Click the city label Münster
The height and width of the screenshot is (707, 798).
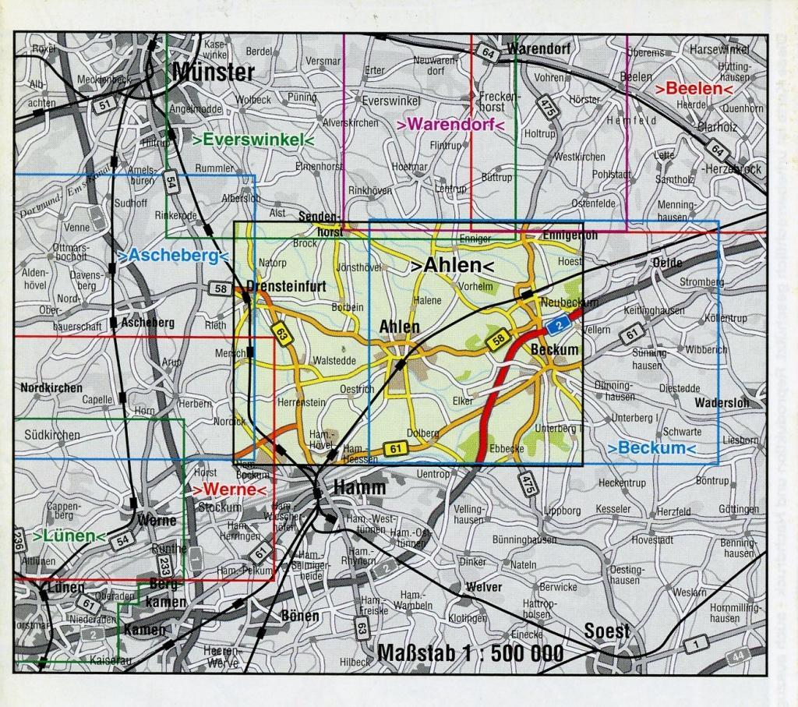coord(213,72)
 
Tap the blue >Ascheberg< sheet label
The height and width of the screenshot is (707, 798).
coord(171,256)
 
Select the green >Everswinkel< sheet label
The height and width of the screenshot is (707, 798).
coord(253,141)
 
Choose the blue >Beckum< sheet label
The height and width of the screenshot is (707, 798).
coord(651,448)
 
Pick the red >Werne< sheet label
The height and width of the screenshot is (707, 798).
coord(229,490)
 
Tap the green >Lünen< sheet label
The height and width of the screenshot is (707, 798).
coord(69,536)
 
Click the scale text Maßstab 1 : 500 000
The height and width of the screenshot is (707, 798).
coord(469,652)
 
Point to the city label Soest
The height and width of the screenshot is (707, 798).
coord(606,631)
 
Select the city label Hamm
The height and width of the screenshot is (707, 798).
coord(359,487)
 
